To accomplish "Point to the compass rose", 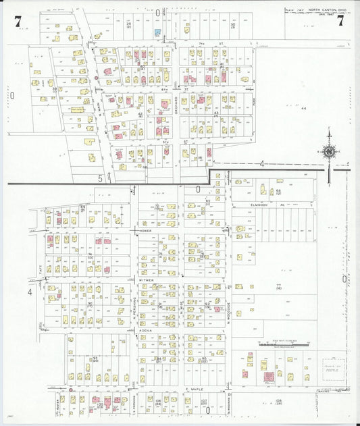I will [329, 153].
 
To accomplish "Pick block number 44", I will [304, 108].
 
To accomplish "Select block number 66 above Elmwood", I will [278, 191].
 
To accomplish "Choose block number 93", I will [95, 358].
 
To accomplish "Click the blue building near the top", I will [157, 32].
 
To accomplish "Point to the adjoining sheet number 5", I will [100, 178].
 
